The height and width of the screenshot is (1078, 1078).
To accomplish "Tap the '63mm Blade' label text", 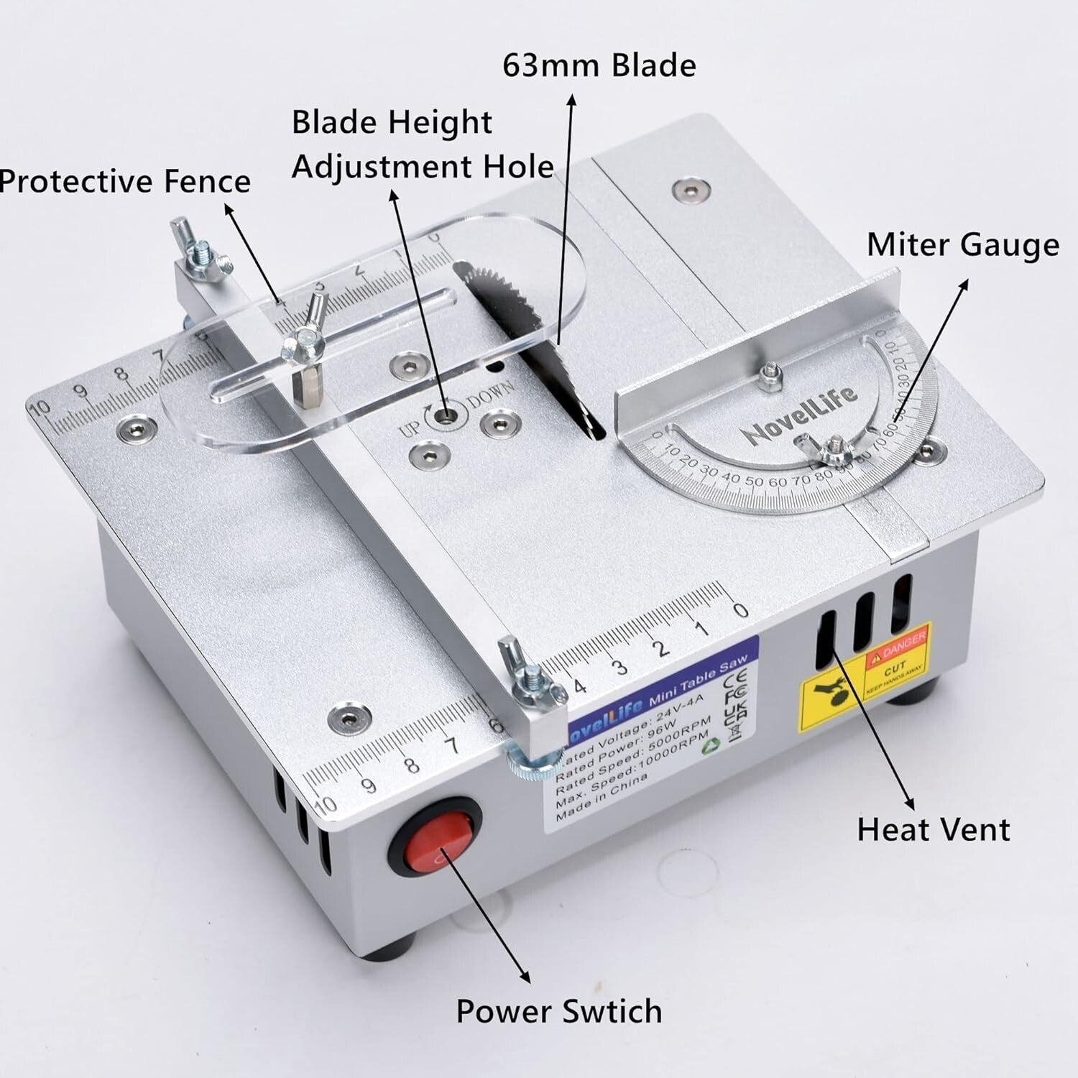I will coord(599,66).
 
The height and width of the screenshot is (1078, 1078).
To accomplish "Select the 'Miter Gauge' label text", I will coord(962,245).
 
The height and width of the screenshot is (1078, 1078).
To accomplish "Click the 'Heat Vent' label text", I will coord(933,830).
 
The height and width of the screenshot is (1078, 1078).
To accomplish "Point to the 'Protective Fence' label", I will coord(125,181).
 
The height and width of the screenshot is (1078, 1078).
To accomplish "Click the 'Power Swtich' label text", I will coord(558,1011).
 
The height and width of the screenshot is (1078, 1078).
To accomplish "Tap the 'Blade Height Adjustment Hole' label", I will coord(423,144).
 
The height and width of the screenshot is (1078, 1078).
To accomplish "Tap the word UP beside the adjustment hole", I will coord(410,429).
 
